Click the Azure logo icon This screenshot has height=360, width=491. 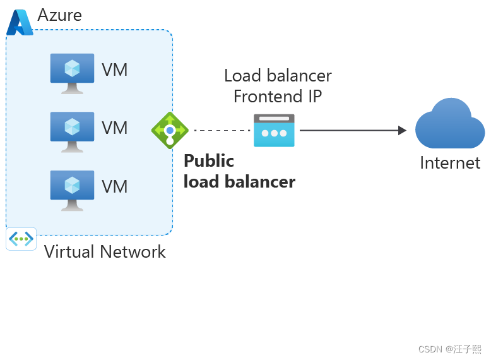point(20,23)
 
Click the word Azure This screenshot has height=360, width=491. point(60,15)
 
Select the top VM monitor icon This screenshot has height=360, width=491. point(72,73)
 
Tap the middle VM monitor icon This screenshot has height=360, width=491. point(72,131)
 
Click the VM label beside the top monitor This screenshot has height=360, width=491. point(115,69)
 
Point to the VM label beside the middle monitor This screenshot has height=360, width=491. point(115,128)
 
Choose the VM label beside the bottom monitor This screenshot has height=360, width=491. point(115,187)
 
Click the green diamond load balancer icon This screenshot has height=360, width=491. point(170,131)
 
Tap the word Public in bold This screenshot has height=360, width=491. point(209,160)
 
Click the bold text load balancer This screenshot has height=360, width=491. point(239,182)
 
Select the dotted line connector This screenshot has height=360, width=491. point(222,130)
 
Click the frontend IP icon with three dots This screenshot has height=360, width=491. point(274,131)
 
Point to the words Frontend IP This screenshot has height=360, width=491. point(278,97)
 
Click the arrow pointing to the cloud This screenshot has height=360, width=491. point(353,130)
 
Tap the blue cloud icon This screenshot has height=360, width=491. point(450,124)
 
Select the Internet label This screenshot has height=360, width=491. point(450,163)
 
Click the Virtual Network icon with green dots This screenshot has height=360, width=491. point(21,239)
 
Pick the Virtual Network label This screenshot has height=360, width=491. point(105,252)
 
